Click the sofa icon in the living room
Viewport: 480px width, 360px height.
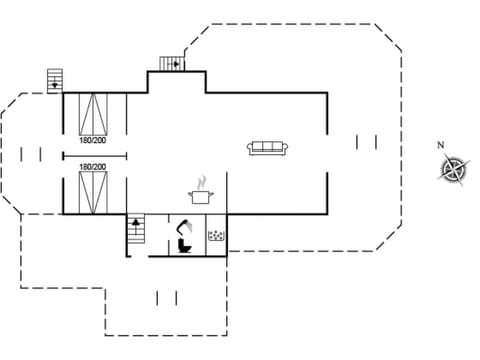point(267,148)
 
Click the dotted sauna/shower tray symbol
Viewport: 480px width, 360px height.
point(215,236)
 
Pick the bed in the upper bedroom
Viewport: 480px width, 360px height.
point(95,114)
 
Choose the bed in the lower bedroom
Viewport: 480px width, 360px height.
point(95,191)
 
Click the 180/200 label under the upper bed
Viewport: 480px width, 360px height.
point(92,142)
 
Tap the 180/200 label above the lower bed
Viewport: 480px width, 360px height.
point(92,167)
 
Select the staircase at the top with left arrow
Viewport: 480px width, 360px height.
point(173,64)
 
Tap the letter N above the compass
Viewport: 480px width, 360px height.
point(441,145)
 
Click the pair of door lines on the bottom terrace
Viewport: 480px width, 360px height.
point(167,298)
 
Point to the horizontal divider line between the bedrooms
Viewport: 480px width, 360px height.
point(95,155)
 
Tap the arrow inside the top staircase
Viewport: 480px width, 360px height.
point(176,64)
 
